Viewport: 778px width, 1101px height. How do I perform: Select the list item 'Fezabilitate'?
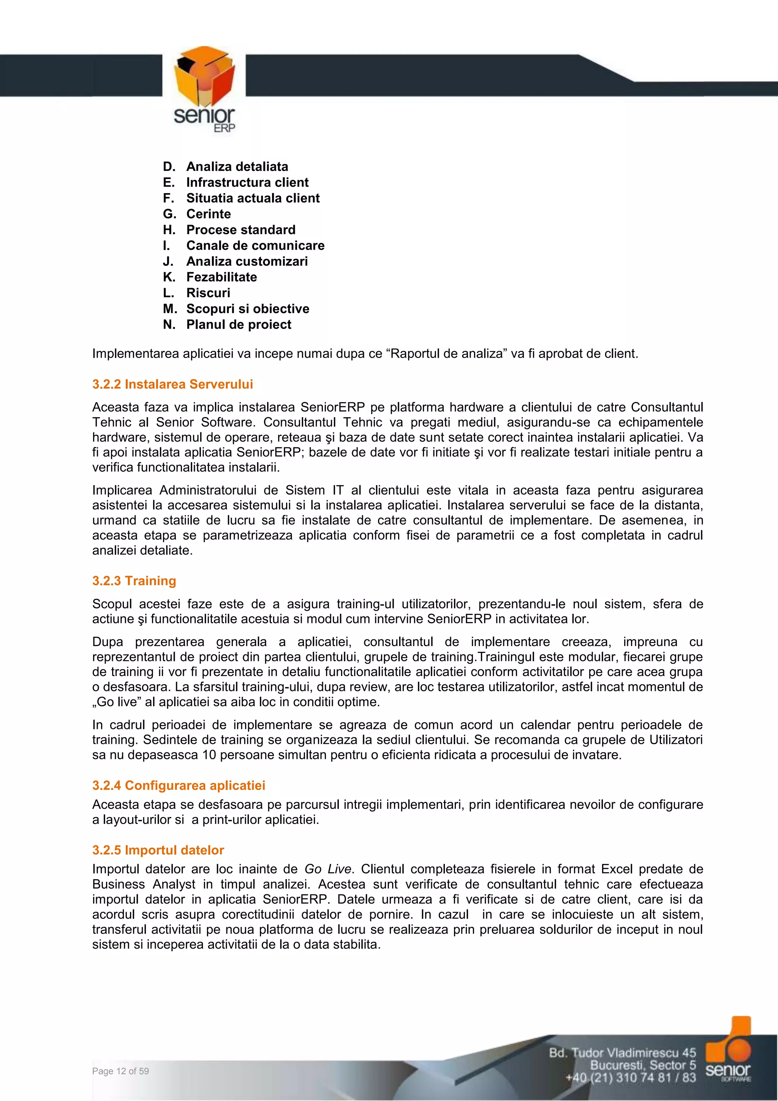coord(221,277)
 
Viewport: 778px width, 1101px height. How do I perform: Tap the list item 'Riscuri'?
coord(208,293)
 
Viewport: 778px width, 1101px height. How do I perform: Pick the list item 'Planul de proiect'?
coord(238,324)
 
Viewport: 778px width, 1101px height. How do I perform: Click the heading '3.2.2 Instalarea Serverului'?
coord(172,384)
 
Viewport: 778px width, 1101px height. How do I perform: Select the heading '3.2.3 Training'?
coord(134,581)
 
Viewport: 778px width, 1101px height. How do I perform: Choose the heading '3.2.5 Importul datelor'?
coord(158,850)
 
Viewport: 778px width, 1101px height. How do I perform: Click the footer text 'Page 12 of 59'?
coord(120,1071)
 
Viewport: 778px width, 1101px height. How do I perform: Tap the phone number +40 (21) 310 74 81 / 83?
coord(630,1077)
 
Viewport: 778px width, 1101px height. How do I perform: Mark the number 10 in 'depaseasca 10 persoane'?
coord(209,755)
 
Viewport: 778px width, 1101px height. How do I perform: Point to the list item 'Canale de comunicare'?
coord(255,246)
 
